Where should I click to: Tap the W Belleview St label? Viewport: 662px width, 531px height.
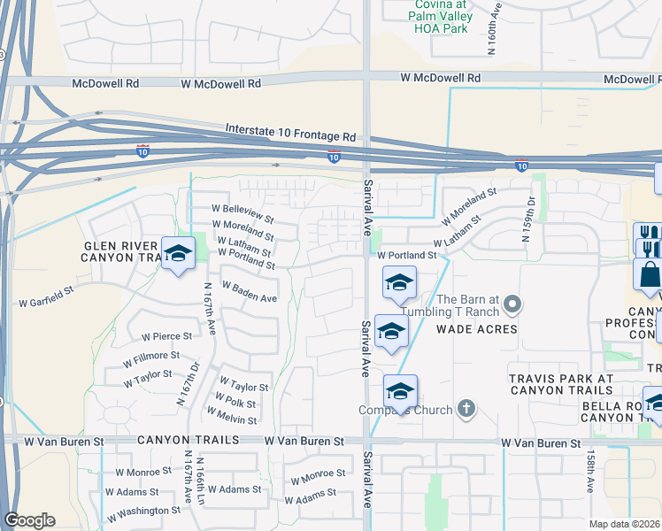pyautogui.click(x=242, y=212)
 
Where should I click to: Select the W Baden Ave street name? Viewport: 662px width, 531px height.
pyautogui.click(x=250, y=292)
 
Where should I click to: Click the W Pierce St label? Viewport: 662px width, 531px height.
pyautogui.click(x=166, y=336)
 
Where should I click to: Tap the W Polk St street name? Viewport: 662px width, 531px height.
pyautogui.click(x=234, y=404)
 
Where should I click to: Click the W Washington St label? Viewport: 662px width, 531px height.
pyautogui.click(x=142, y=511)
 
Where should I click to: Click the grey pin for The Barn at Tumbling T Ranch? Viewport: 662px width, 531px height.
pyautogui.click(x=512, y=306)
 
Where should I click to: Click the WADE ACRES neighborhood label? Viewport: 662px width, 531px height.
pyautogui.click(x=476, y=329)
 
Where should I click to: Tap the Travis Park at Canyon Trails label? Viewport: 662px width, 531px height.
pyautogui.click(x=561, y=384)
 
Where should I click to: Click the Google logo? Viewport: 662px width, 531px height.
pyautogui.click(x=29, y=520)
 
